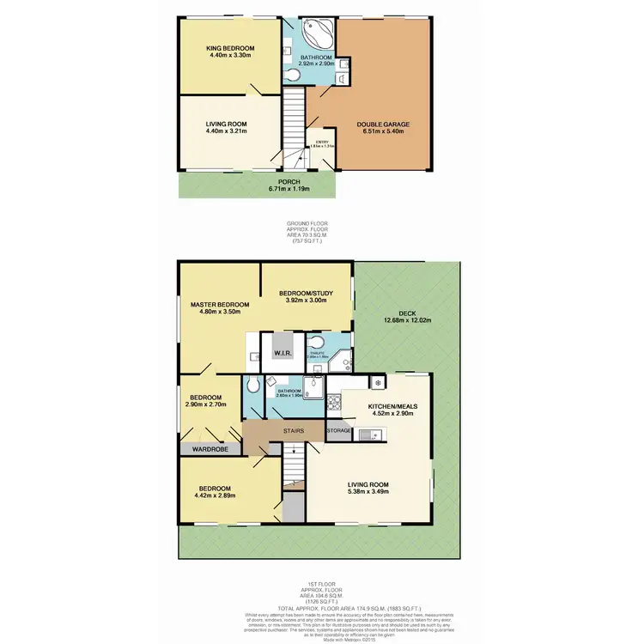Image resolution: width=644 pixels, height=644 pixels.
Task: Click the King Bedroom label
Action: pyautogui.click(x=228, y=47)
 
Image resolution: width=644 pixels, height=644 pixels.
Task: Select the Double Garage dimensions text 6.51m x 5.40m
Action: pyautogui.click(x=383, y=132)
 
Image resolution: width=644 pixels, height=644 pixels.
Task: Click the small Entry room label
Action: pyautogui.click(x=322, y=143)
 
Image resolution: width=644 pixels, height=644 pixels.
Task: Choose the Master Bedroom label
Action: pyautogui.click(x=220, y=305)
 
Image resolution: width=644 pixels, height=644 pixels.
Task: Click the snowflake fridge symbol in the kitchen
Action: pyautogui.click(x=376, y=381)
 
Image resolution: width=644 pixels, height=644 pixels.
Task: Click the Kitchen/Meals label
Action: pyautogui.click(x=391, y=404)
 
